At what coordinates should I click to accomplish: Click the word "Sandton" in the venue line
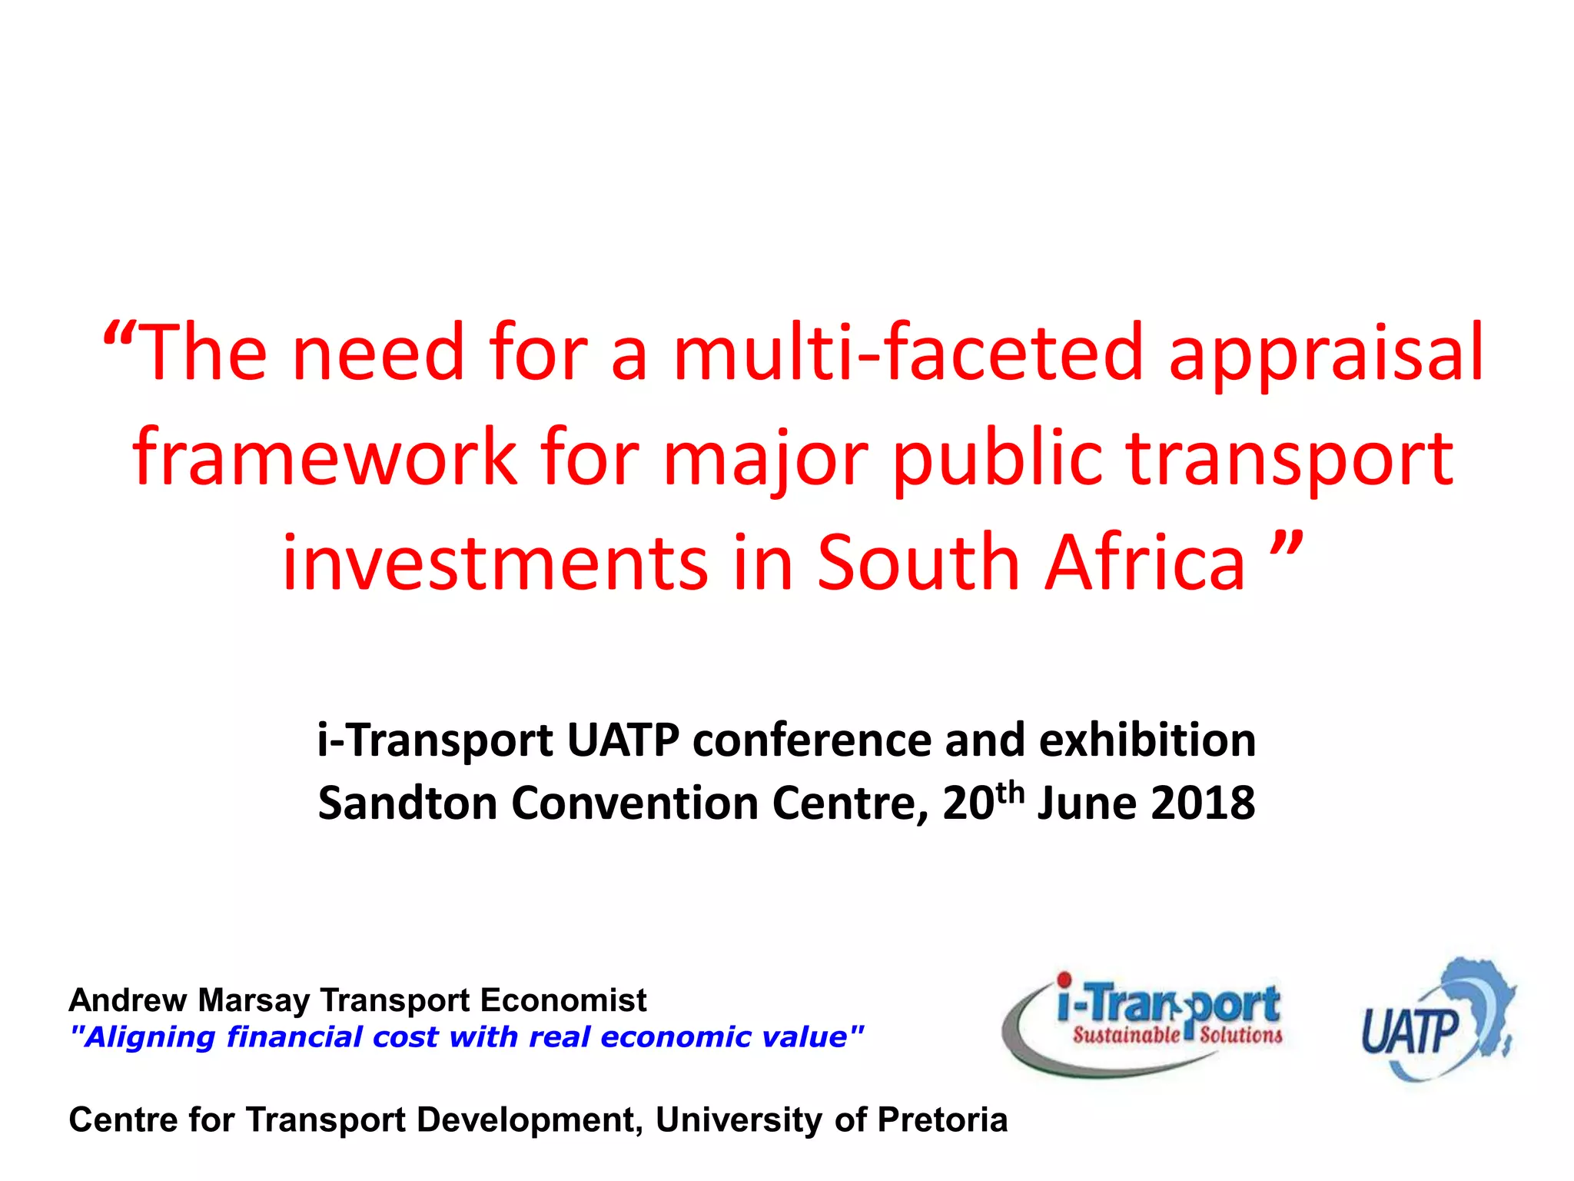[x=407, y=803]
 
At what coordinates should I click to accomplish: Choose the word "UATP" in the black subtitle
[x=623, y=740]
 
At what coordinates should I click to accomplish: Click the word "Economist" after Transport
[x=563, y=1000]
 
